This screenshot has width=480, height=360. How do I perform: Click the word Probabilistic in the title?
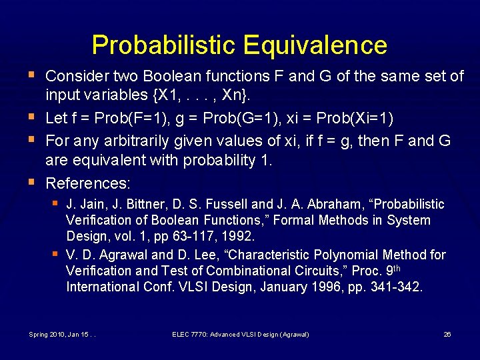click(164, 45)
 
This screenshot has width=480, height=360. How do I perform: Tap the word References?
click(88, 182)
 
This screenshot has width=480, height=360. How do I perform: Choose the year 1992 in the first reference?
click(240, 237)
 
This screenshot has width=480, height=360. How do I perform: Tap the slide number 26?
click(447, 334)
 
